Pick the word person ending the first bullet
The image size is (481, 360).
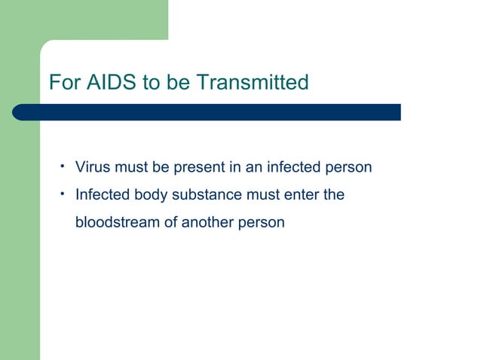[348, 167]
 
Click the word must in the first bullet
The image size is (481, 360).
[131, 167]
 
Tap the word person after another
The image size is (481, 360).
[262, 223]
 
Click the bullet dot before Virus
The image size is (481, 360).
[64, 166]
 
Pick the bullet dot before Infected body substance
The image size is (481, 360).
[64, 194]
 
